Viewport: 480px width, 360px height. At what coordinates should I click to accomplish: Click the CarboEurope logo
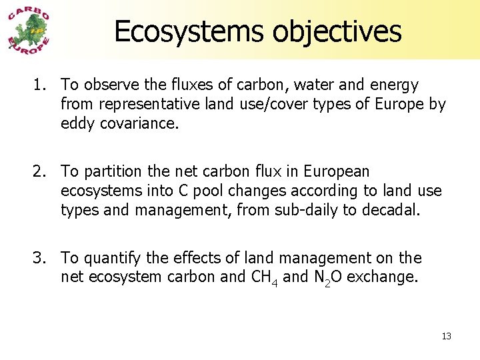pos(29,31)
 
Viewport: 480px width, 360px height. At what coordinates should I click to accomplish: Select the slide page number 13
pos(446,336)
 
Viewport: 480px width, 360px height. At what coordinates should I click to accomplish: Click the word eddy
pos(77,124)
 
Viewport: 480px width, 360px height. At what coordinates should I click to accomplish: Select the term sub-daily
pos(323,211)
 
